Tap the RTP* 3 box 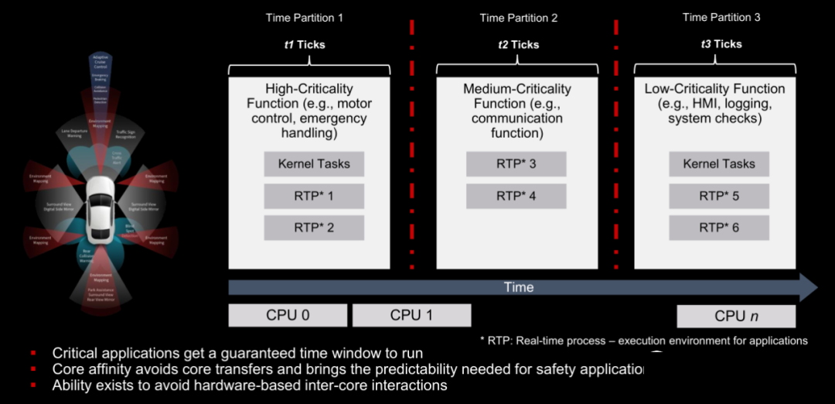516,164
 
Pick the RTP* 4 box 516,196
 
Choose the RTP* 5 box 718,196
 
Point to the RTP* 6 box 718,228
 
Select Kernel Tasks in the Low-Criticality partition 718,164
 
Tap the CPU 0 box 287,315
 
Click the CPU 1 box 411,315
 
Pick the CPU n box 735,316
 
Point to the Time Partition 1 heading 304,17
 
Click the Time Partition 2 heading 518,18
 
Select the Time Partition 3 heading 721,17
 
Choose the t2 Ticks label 518,45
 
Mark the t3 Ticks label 721,44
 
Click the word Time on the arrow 518,287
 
